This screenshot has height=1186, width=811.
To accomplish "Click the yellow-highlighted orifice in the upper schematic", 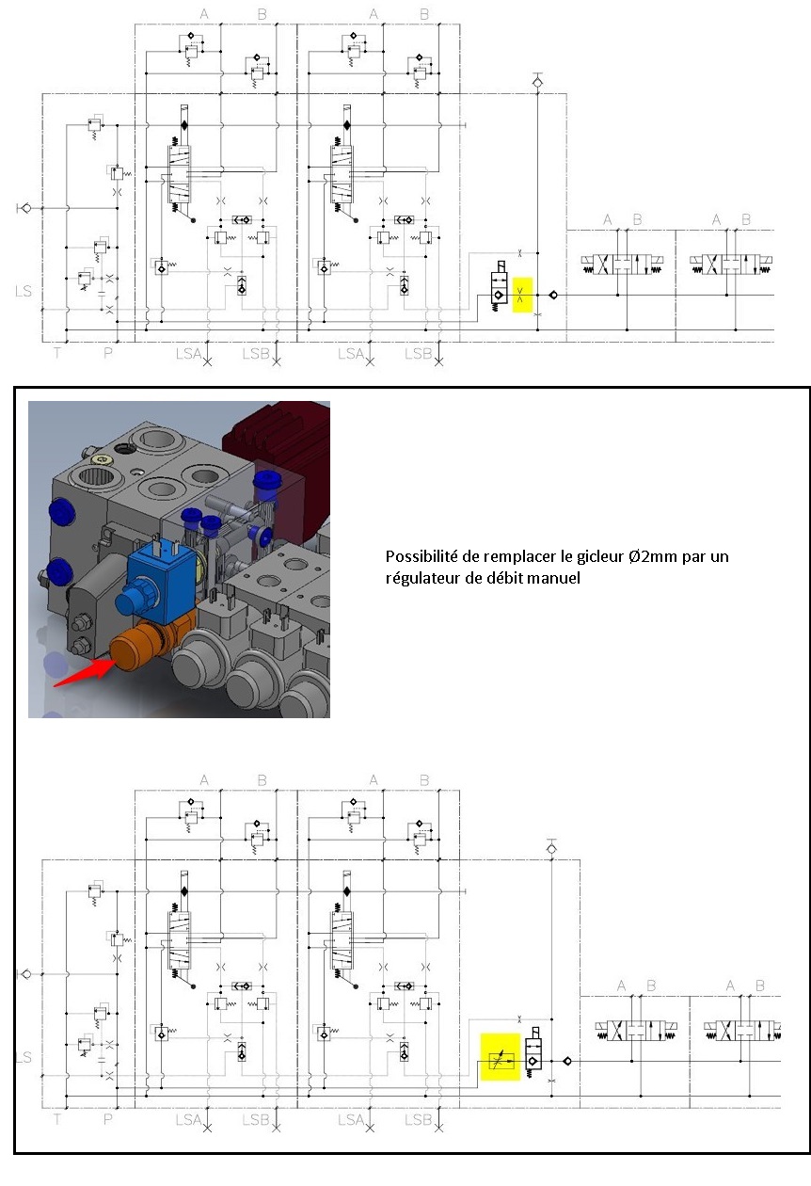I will click(522, 295).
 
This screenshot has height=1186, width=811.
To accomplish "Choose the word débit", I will click(502, 579).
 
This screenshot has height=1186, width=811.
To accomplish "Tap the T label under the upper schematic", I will click(56, 353).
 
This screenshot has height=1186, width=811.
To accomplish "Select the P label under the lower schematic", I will click(107, 1119).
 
